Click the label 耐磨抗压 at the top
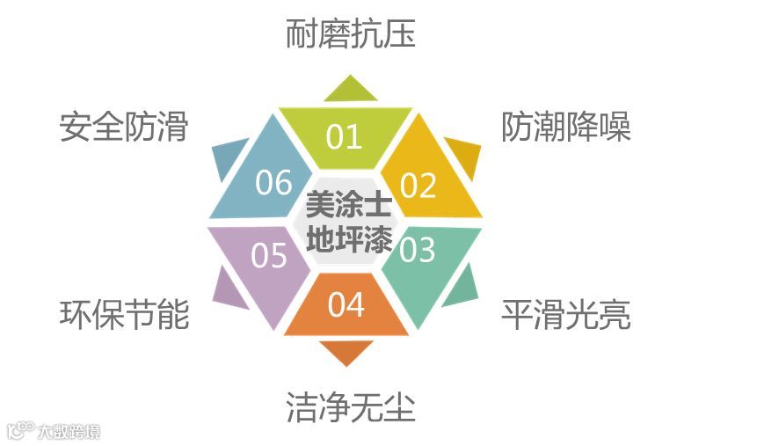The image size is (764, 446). pyautogui.click(x=350, y=35)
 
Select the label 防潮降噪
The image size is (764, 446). pyautogui.click(x=566, y=128)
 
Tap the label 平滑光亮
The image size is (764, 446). pyautogui.click(x=566, y=314)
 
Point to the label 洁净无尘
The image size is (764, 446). pyautogui.click(x=350, y=407)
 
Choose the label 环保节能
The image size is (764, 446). pyautogui.click(x=124, y=314)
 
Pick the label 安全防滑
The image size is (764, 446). pyautogui.click(x=124, y=128)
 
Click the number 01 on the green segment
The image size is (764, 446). pyautogui.click(x=344, y=136)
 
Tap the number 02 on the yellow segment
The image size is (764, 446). pyautogui.click(x=418, y=186)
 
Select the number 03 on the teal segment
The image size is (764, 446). pyautogui.click(x=418, y=250)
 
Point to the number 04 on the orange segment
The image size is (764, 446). pyautogui.click(x=346, y=304)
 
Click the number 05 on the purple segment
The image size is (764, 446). pyautogui.click(x=269, y=255)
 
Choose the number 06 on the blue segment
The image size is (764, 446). pyautogui.click(x=273, y=183)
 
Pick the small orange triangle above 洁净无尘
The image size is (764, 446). pyautogui.click(x=346, y=351)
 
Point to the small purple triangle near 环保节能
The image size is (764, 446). pyautogui.click(x=227, y=286)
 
